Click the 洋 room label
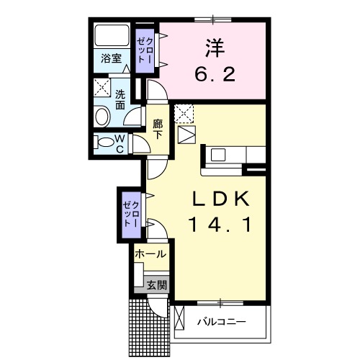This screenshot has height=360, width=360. (212, 48)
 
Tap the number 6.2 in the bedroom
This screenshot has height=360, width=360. (212, 74)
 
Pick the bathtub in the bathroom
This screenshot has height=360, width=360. (111, 35)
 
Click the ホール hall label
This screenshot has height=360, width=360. (150, 254)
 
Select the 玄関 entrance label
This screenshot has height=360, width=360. (156, 285)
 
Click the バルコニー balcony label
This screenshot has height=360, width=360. (222, 321)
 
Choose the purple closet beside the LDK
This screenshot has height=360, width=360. (130, 213)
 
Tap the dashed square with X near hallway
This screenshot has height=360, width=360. (185, 113)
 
